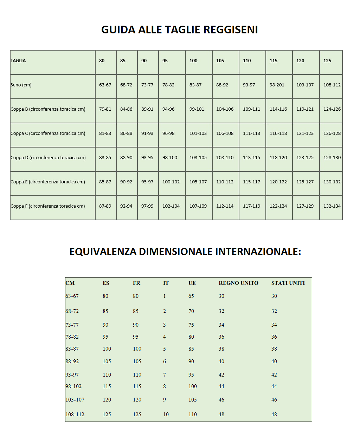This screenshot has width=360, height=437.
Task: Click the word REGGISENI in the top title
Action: (230, 30)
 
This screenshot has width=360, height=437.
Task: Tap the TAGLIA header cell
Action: (18, 61)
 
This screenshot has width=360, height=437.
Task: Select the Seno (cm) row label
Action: (21, 85)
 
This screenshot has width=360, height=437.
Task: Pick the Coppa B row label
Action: (48, 109)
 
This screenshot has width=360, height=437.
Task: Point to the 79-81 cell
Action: (105, 109)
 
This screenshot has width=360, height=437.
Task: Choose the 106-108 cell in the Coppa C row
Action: (225, 133)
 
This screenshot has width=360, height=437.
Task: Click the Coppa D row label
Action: (48, 158)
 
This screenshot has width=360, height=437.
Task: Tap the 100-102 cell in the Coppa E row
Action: (171, 182)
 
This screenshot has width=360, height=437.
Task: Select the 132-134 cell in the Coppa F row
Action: (332, 206)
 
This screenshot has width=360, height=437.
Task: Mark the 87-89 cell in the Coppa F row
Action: (105, 206)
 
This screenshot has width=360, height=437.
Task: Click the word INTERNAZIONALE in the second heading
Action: (258, 252)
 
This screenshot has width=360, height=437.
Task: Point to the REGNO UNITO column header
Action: (238, 283)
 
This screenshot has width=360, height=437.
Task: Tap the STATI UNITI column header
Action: (288, 283)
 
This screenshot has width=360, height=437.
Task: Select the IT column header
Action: (166, 283)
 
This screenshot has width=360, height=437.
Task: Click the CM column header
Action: (70, 283)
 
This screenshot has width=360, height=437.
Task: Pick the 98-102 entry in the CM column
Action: (73, 386)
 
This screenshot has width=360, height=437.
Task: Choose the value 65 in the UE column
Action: (191, 296)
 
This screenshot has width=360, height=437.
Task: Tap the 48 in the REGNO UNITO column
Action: (221, 415)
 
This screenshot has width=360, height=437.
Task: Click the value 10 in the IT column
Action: (166, 415)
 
